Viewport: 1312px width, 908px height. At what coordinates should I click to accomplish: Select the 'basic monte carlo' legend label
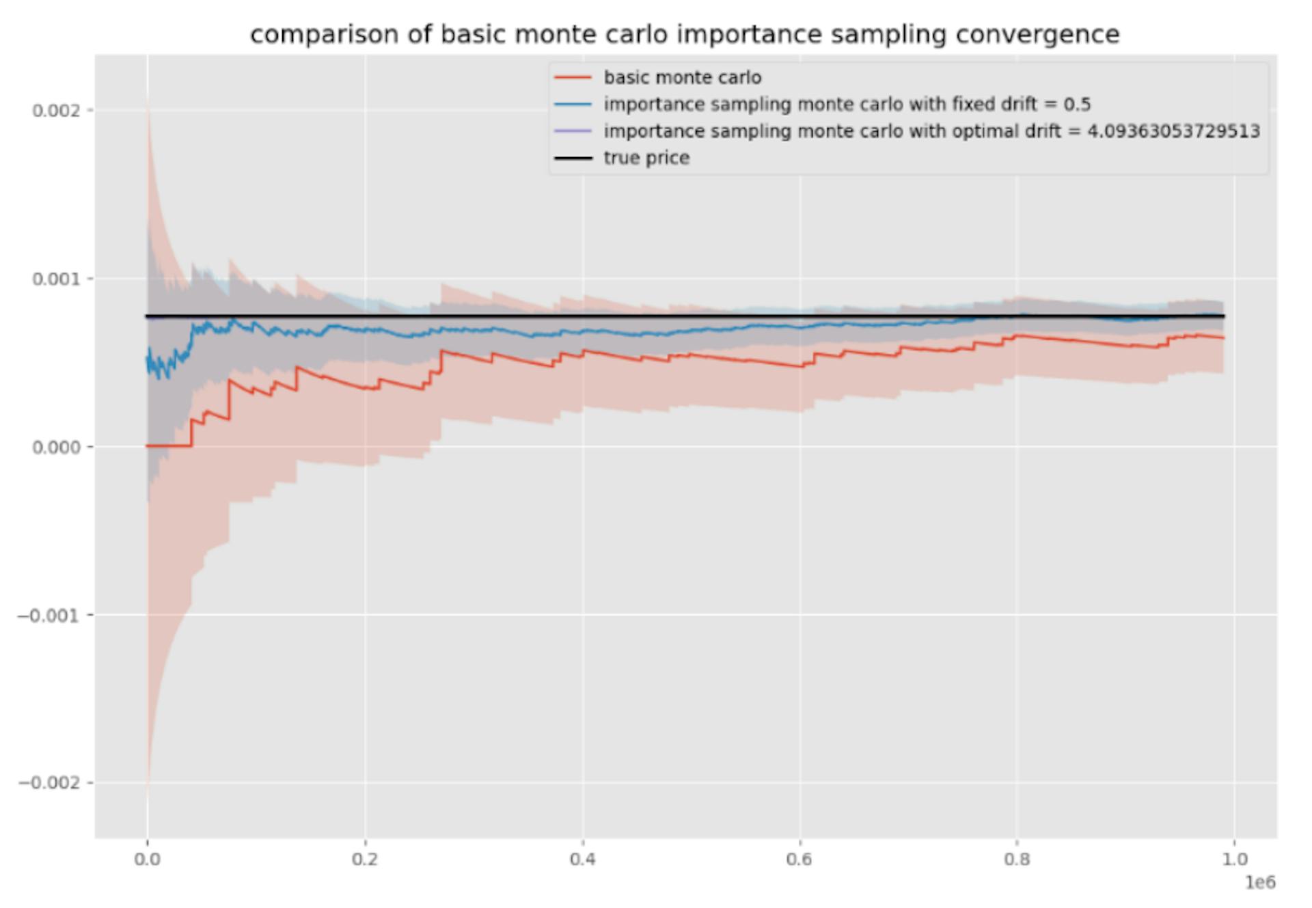[682, 78]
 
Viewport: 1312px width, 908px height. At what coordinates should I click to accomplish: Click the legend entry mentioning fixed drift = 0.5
[847, 105]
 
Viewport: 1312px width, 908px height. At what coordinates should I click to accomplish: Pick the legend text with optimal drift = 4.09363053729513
[931, 131]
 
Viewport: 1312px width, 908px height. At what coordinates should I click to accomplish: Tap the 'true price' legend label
[646, 158]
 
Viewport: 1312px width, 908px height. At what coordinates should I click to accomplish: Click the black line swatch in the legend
[573, 158]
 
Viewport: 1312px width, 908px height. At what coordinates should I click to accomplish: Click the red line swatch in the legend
[573, 78]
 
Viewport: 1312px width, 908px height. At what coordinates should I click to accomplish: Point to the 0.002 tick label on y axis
[56, 111]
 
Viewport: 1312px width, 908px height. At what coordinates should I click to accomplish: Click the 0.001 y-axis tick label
[56, 279]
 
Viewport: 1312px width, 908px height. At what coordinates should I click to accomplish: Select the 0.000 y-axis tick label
[56, 447]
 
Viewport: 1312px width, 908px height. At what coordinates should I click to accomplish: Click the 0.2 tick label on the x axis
[365, 859]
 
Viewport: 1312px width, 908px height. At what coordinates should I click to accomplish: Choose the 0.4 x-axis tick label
[582, 859]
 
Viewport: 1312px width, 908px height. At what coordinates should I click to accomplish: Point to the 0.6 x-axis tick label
[799, 859]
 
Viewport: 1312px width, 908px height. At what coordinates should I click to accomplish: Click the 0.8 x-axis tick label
[1017, 859]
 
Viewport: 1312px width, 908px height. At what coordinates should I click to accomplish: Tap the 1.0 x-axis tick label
[1234, 859]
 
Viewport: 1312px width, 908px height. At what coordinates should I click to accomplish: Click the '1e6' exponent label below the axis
[1260, 883]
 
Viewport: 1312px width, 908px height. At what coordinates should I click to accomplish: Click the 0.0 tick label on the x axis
[148, 859]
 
